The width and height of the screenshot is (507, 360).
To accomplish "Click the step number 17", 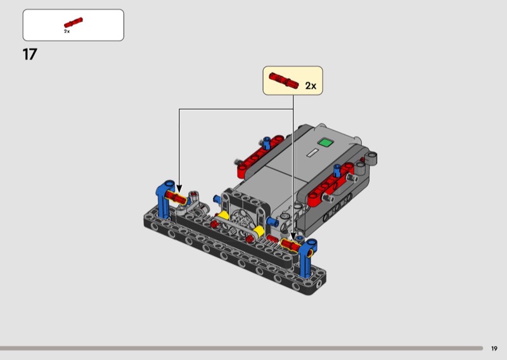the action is (x=30, y=55).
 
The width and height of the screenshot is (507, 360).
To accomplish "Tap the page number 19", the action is (x=494, y=349).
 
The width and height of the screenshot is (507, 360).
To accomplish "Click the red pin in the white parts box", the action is (x=74, y=22).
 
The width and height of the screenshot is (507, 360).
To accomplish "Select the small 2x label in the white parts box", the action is (x=67, y=32).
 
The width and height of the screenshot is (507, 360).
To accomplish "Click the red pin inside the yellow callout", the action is (x=283, y=80).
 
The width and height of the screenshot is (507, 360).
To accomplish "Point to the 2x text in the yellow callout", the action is (x=311, y=86).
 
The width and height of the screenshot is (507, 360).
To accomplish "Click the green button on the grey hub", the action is (x=325, y=143).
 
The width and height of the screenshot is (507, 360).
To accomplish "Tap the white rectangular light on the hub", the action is (x=312, y=153).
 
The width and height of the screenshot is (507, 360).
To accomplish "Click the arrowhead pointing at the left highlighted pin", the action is (x=179, y=189).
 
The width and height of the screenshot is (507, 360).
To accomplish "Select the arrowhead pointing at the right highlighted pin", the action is (x=293, y=237).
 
